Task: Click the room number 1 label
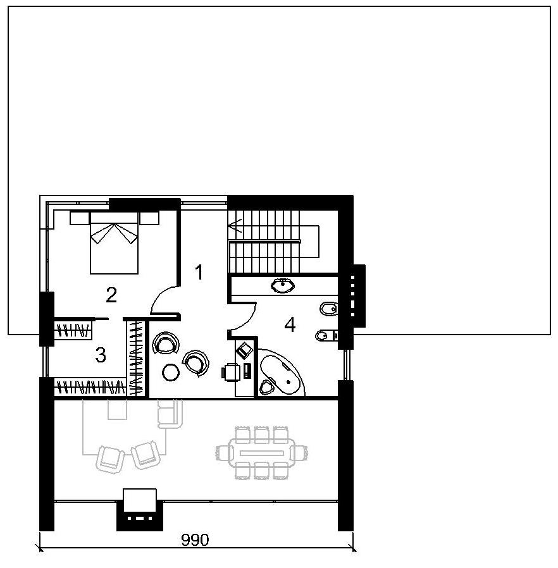pos(199,272)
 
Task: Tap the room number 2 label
pos(111,295)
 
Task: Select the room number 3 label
pos(101,355)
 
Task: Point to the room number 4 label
pos(290,324)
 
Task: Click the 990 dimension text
pos(195,540)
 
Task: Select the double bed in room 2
pos(114,243)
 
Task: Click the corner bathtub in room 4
pos(282,373)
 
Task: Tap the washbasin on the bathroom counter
pos(282,285)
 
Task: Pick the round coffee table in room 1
pos(170,372)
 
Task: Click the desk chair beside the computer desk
pos(231,373)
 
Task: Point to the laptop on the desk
pos(245,350)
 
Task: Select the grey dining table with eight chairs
pos(262,453)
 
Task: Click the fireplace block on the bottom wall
pos(140,510)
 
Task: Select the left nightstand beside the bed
pos(80,218)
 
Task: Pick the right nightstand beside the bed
pos(150,218)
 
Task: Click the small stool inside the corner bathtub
pos(268,386)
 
